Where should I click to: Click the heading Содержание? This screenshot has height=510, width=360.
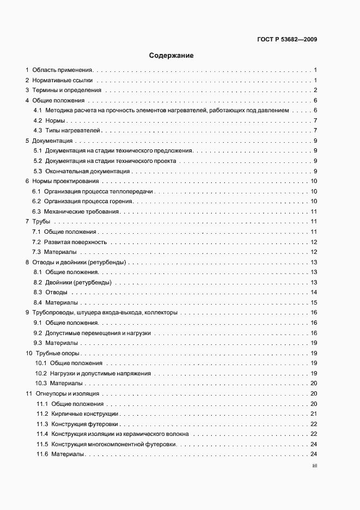[171, 56]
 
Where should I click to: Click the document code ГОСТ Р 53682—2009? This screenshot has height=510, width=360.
[287, 39]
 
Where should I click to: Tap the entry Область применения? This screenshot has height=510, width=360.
[63, 70]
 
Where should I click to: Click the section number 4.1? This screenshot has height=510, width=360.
[38, 111]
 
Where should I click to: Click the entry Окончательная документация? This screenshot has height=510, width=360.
[87, 171]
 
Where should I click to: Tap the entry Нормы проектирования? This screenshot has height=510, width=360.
[65, 181]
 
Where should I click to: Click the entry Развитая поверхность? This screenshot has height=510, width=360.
[76, 242]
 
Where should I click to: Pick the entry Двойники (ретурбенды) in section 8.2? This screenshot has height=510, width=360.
[78, 282]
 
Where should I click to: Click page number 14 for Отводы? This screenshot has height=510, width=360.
[314, 293]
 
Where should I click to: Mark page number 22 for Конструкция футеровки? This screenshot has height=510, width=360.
[314, 424]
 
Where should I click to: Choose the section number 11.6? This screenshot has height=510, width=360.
[42, 454]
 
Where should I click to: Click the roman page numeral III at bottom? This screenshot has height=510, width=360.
[315, 466]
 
